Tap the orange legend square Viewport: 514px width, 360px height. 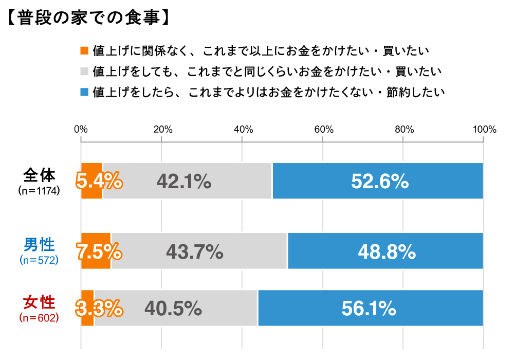tap(85, 51)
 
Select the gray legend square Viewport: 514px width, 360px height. tap(85, 71)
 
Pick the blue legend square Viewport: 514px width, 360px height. tap(85, 92)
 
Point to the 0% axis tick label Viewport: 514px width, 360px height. tap(81, 130)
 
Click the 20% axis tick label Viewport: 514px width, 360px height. tap(162, 130)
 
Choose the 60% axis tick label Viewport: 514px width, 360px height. tap(322, 130)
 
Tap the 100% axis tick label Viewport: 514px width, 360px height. tap(483, 130)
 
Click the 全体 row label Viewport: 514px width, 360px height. tap(39, 175)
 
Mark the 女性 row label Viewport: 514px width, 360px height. tap(39, 302)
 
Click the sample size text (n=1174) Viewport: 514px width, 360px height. tap(39, 191)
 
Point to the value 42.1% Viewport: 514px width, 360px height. tap(183, 181)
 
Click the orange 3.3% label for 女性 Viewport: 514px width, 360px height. tap(99, 308)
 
